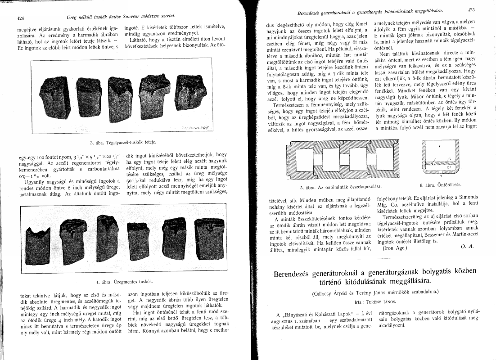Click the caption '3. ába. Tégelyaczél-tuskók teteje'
122,143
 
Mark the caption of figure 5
341,186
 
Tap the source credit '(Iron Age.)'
394,248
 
